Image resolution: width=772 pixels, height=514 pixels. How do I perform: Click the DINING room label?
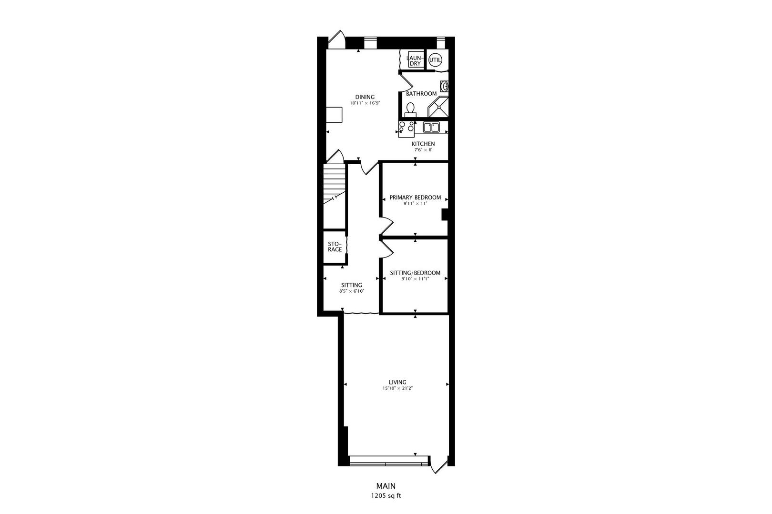pyautogui.click(x=365, y=97)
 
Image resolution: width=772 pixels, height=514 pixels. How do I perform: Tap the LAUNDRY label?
pyautogui.click(x=415, y=60)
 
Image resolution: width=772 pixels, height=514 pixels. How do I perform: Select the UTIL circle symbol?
pyautogui.click(x=435, y=60)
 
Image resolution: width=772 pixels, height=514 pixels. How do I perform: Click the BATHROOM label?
pyautogui.click(x=421, y=94)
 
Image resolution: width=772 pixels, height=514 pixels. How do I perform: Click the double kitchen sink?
pyautogui.click(x=431, y=128)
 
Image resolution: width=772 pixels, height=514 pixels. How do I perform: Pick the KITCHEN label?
pyautogui.click(x=423, y=144)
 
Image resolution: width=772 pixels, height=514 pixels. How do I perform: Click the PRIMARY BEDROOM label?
pyautogui.click(x=415, y=198)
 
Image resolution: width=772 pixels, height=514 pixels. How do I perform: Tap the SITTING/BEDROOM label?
pyautogui.click(x=415, y=273)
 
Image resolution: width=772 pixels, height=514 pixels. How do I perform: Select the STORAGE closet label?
pyautogui.click(x=335, y=247)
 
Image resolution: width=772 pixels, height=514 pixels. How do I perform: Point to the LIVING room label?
pyautogui.click(x=397, y=382)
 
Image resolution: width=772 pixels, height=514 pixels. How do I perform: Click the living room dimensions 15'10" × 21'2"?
pyautogui.click(x=397, y=388)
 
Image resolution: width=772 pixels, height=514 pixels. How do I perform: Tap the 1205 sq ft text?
pyautogui.click(x=386, y=495)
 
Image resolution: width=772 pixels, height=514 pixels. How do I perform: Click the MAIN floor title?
pyautogui.click(x=386, y=486)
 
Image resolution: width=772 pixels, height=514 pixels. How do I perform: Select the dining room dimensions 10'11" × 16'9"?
pyautogui.click(x=365, y=103)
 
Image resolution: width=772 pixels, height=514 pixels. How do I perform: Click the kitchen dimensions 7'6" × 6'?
pyautogui.click(x=423, y=150)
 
